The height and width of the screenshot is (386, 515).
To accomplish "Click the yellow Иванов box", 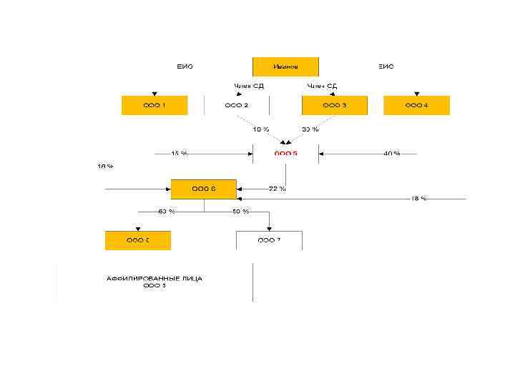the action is coord(285,66).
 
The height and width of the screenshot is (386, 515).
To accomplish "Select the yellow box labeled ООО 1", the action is coord(154,105).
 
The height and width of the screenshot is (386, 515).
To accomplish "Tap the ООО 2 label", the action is coord(237,105).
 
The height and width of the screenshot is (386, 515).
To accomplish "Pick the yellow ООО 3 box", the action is coord(335,105).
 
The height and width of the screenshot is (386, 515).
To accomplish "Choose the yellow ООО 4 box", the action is coord(416,105).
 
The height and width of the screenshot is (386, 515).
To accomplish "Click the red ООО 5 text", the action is coord(285,153).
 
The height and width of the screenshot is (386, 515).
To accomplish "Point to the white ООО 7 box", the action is coord(269,240).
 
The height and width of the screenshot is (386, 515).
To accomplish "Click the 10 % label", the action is coord(260,129).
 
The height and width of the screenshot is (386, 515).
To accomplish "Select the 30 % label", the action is coord(310,129).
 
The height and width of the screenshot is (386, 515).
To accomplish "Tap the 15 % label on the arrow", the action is coord(179,153).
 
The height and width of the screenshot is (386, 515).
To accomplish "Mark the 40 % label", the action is coord(391,153).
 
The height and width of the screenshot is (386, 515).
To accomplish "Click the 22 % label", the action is coord(278,189).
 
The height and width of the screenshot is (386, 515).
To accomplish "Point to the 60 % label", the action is coord(167,212).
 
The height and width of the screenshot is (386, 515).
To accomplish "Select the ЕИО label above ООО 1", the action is coord(185,66).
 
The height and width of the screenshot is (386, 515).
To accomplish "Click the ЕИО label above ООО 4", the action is coord(386,66).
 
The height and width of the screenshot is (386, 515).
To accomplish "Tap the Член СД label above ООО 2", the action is coord(249,86).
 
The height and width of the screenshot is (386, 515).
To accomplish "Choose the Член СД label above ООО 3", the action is coord(322,86).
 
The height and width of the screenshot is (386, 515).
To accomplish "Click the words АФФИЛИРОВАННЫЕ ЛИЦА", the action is coord(154,279).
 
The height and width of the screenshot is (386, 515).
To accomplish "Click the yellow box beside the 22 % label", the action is coord(204,189).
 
